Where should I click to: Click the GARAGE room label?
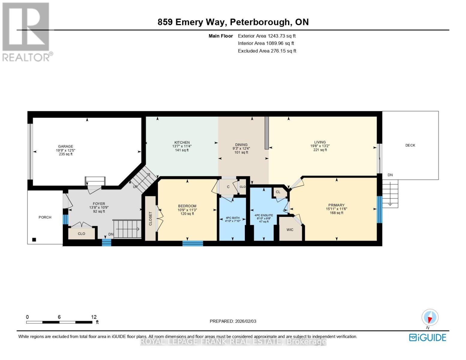pyautogui.click(x=65, y=146)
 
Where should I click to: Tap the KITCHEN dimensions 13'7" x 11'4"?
pyautogui.click(x=182, y=146)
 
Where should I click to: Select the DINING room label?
pyautogui.click(x=241, y=145)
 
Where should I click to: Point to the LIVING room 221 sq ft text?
pyautogui.click(x=320, y=150)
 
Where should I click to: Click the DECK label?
pyautogui.click(x=410, y=145)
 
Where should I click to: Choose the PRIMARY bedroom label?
pyautogui.click(x=336, y=205)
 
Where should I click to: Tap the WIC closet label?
pyautogui.click(x=290, y=230)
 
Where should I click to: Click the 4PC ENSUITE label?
pyautogui.click(x=264, y=215)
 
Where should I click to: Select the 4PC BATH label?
pyautogui.click(x=233, y=218)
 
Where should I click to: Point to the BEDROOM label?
pyautogui.click(x=187, y=206)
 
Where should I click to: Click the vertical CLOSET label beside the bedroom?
pyautogui.click(x=151, y=218)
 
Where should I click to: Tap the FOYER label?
pyautogui.click(x=99, y=204)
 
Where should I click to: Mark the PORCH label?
pyautogui.click(x=45, y=217)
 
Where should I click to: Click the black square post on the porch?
pyautogui.click(x=34, y=239)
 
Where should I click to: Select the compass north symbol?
pyautogui.click(x=430, y=317)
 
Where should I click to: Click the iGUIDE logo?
pyautogui.click(x=428, y=337)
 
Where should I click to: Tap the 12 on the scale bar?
pyautogui.click(x=94, y=317)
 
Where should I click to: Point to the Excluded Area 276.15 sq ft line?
pyautogui.click(x=267, y=51)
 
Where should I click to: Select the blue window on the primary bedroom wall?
pyautogui.click(x=379, y=209)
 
